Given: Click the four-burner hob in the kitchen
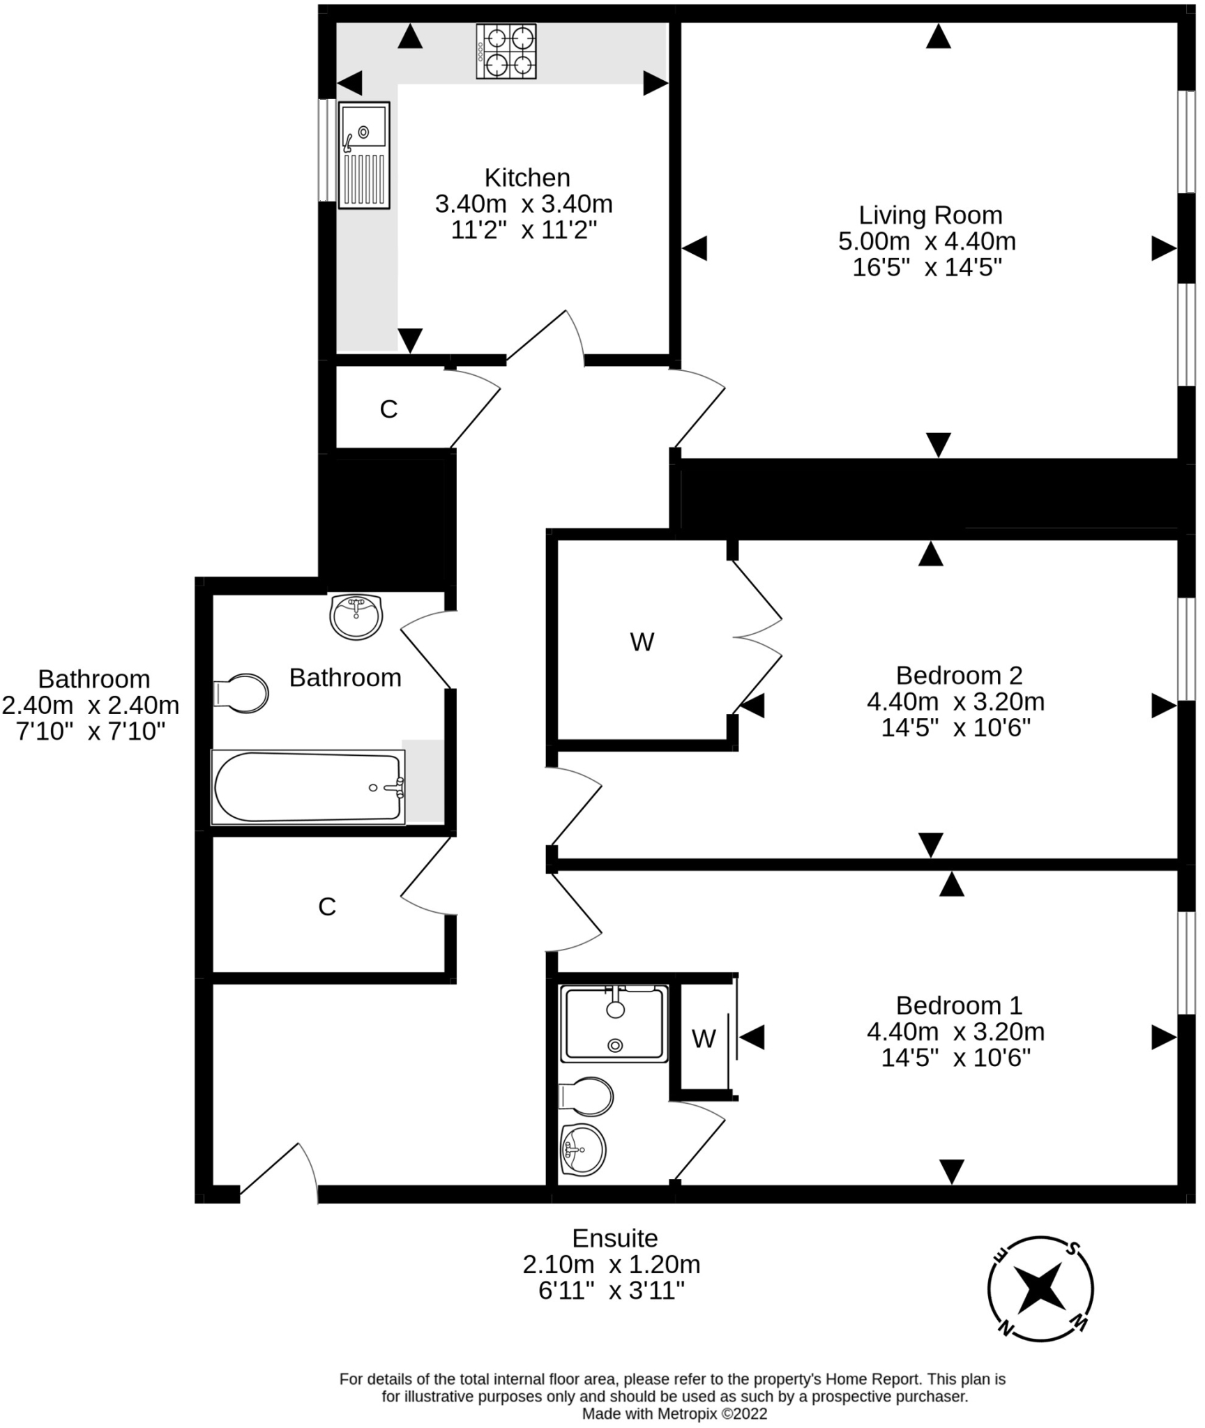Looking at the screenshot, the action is tap(506, 52).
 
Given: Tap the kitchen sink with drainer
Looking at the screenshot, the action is tap(364, 155).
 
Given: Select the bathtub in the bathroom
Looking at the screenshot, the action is tap(308, 787).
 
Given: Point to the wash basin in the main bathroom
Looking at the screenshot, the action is tap(356, 616).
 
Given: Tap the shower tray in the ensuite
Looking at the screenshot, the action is tap(614, 1023).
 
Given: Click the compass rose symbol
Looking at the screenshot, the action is tap(1040, 1289).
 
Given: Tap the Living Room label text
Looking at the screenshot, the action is tap(930, 215).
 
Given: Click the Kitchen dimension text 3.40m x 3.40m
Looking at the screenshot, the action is tap(524, 204).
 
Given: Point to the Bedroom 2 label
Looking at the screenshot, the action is tap(959, 675).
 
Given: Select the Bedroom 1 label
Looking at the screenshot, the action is tap(959, 1005).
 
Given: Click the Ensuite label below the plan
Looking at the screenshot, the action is tap(614, 1238).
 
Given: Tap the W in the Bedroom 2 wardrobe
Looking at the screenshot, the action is tap(642, 641).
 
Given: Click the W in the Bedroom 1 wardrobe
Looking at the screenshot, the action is tap(704, 1039).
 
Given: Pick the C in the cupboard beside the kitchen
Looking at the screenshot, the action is tap(388, 409).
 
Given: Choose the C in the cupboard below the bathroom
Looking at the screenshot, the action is tap(327, 906).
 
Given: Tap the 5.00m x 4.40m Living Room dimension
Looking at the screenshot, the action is tap(927, 241).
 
